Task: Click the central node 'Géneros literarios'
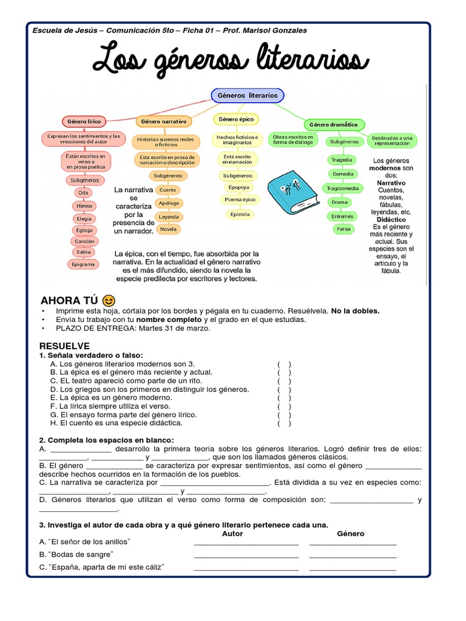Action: pyautogui.click(x=248, y=95)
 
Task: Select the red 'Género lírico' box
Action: pyautogui.click(x=84, y=121)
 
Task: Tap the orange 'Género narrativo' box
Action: pyautogui.click(x=163, y=121)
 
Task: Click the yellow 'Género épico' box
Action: pyautogui.click(x=236, y=119)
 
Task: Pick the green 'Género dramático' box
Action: pyautogui.click(x=334, y=125)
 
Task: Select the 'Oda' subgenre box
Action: pyautogui.click(x=84, y=193)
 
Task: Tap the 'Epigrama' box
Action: pyautogui.click(x=84, y=264)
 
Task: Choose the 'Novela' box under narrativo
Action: pyautogui.click(x=168, y=229)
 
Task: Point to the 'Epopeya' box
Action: pyautogui.click(x=238, y=187)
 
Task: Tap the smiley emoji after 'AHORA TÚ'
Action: pyautogui.click(x=109, y=300)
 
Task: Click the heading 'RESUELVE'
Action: pyautogui.click(x=64, y=346)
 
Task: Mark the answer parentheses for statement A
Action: pyautogui.click(x=284, y=364)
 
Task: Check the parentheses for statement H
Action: pyautogui.click(x=284, y=423)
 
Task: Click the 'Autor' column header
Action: pyautogui.click(x=232, y=534)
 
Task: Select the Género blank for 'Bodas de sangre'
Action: pyautogui.click(x=353, y=555)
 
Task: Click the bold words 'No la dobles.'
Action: pyautogui.click(x=355, y=311)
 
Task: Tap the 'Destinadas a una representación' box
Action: pyautogui.click(x=393, y=141)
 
